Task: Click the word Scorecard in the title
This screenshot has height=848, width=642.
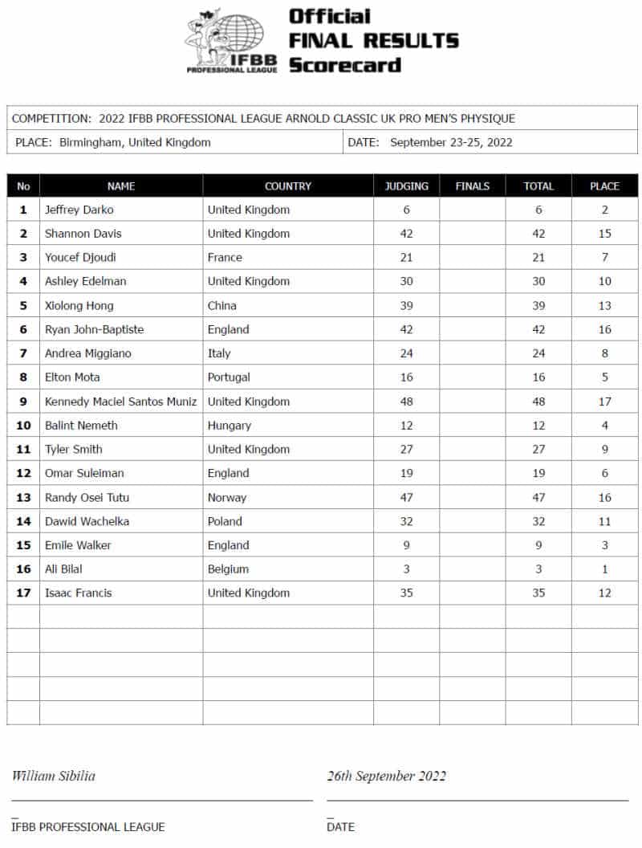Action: [x=344, y=65]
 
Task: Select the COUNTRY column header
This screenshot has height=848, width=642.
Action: [x=287, y=186]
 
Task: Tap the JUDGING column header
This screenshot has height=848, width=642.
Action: [x=406, y=186]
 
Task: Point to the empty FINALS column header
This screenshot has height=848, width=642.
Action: [x=472, y=186]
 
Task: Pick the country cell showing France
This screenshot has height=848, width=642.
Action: [x=225, y=258]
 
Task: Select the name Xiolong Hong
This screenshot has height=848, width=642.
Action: [x=79, y=305]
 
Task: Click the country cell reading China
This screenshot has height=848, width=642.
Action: [x=222, y=305]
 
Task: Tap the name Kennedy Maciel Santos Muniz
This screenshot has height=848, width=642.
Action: [x=120, y=402]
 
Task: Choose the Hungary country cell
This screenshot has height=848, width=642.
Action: [x=229, y=426]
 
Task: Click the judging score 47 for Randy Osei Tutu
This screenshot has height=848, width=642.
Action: [x=406, y=497]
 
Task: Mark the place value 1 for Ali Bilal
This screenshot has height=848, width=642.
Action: [x=604, y=569]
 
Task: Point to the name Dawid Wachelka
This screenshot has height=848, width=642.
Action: [x=87, y=521]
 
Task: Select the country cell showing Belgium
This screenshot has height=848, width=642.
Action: [x=228, y=569]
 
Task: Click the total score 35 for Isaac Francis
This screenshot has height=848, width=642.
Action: [x=538, y=593]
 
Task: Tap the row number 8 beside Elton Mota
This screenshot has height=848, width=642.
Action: [x=23, y=377]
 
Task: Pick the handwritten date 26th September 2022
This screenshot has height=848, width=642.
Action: [x=386, y=777]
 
